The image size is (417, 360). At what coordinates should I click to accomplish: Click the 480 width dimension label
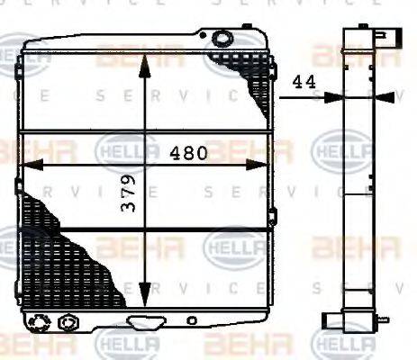pyautogui.click(x=189, y=153)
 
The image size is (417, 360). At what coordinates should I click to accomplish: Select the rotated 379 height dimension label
pyautogui.click(x=131, y=205)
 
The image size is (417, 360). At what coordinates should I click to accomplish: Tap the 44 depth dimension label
pyautogui.click(x=304, y=81)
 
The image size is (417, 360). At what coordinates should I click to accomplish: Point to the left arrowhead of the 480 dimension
pyautogui.click(x=27, y=164)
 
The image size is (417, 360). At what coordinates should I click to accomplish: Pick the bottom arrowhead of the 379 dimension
pyautogui.click(x=145, y=297)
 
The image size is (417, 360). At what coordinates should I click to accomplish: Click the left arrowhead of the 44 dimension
pyautogui.click(x=335, y=97)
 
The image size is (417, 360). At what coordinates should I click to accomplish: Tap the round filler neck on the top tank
pyautogui.click(x=221, y=39)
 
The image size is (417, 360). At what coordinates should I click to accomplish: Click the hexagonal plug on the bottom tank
pyautogui.click(x=65, y=321)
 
